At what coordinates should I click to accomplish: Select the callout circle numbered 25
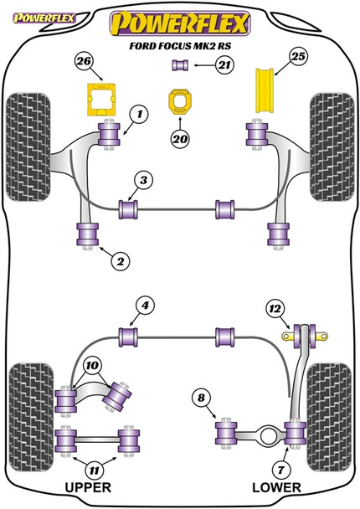pos(297,60)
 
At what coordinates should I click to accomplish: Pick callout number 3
pos(144,180)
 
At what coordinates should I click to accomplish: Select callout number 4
pos(145,306)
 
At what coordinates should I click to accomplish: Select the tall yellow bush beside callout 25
pos(265,91)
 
